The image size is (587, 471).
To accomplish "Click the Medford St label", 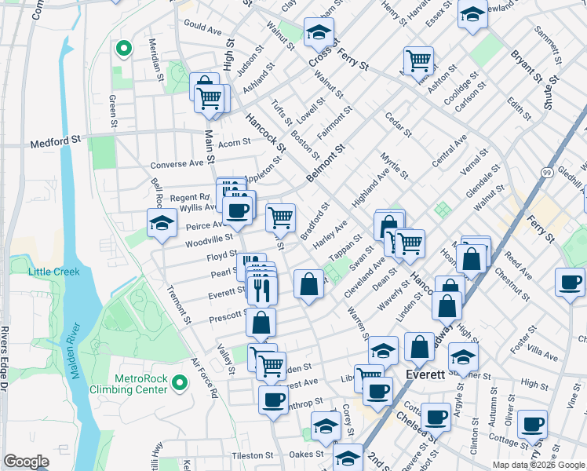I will pos(56,144).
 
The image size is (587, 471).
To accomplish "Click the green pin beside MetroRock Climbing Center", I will pos(180,383).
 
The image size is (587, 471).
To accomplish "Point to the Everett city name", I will pos(425,375).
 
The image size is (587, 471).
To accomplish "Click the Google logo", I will pos(26,461).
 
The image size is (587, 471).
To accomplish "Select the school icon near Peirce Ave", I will pos(161,222).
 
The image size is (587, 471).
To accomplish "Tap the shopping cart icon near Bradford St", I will pos(280,217).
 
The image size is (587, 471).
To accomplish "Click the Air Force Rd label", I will pos(203,379).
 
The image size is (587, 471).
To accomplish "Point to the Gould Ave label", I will pos(202,27).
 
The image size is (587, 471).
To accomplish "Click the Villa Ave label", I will pos(544,346).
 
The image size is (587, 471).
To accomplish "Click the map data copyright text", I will pos(538,465).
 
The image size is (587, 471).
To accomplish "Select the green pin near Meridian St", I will pos(122,49).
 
